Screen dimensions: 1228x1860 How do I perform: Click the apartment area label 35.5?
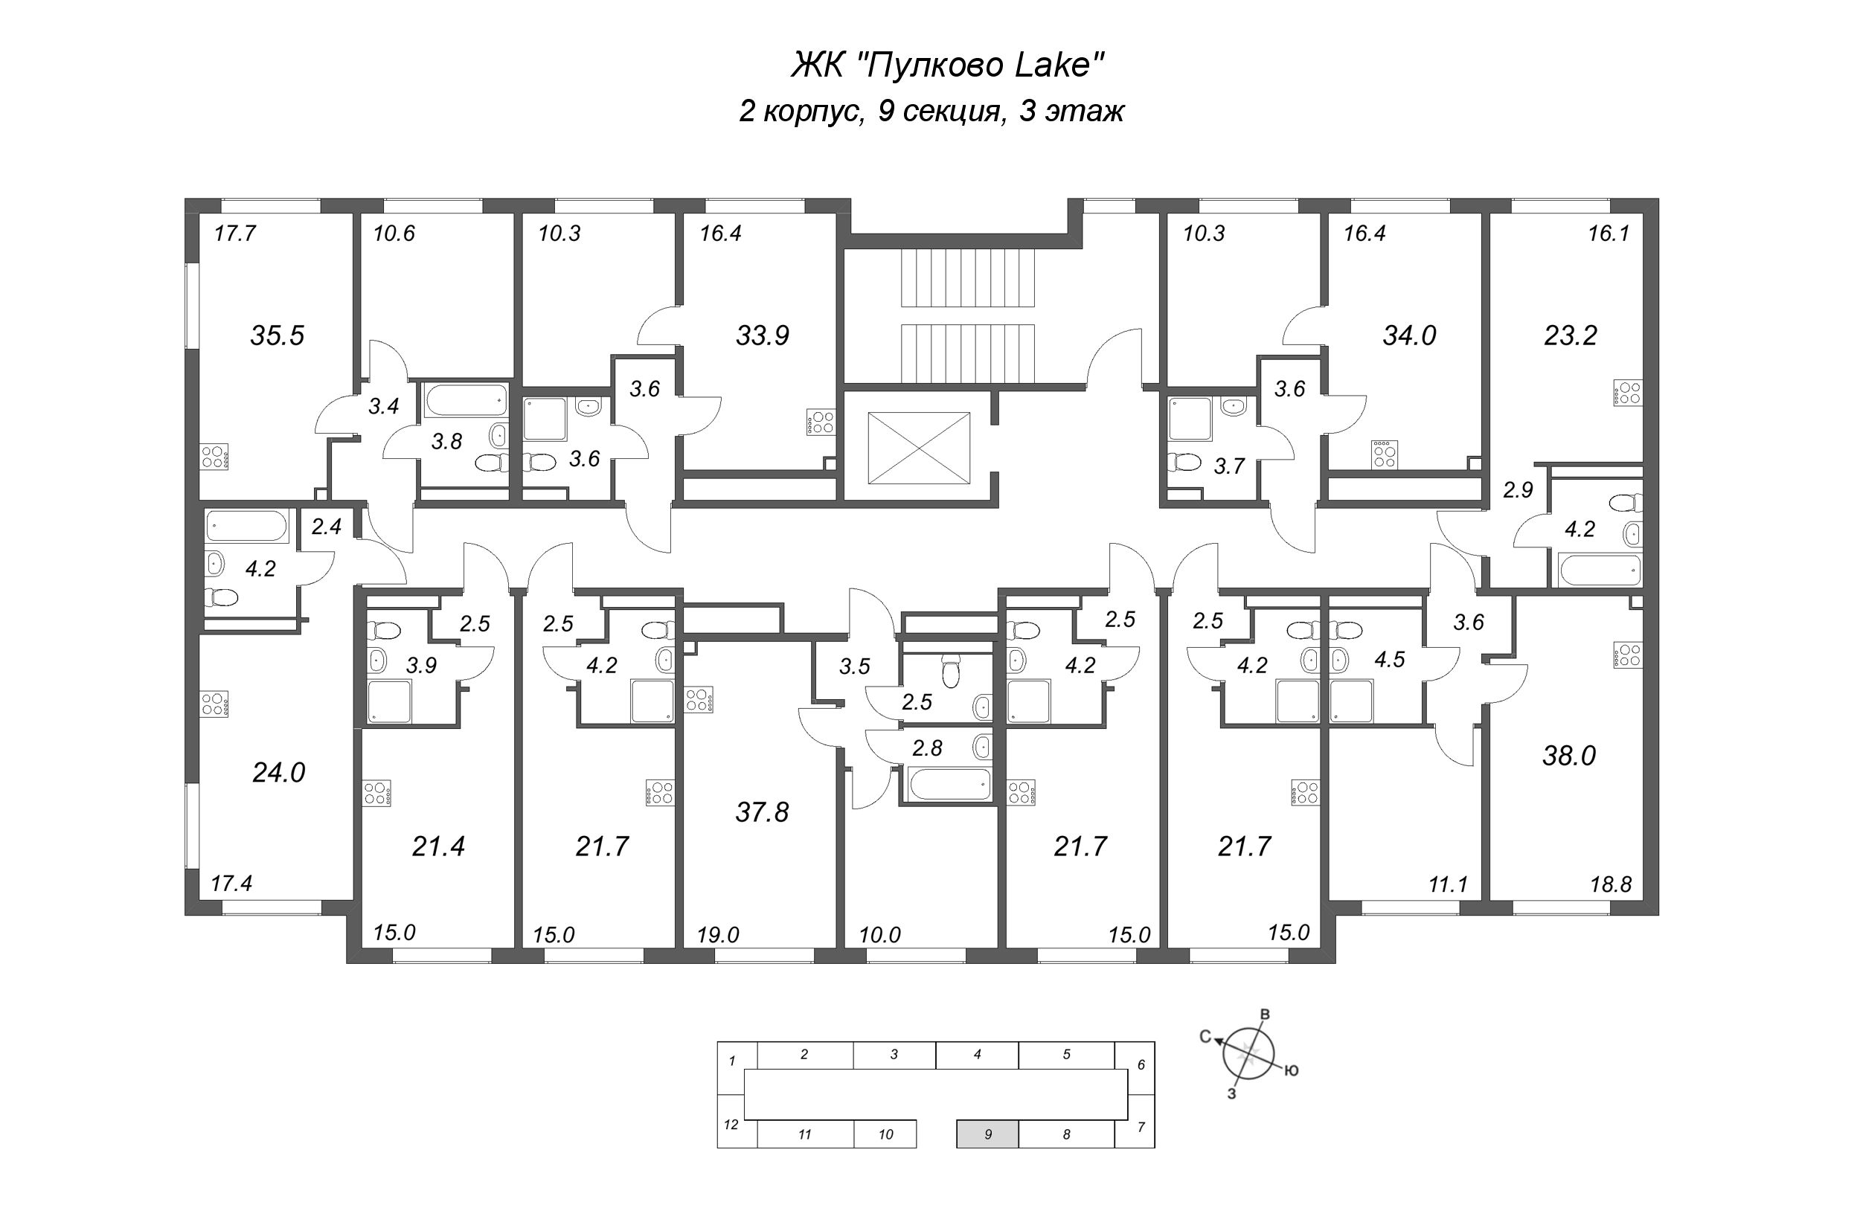(x=277, y=336)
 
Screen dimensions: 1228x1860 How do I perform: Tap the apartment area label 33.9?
(x=762, y=336)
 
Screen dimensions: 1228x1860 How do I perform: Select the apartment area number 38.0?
(x=1568, y=756)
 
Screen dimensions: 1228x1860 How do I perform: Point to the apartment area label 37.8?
(x=762, y=812)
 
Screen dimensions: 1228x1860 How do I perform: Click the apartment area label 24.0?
(x=278, y=773)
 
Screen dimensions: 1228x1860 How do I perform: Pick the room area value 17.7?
(x=235, y=234)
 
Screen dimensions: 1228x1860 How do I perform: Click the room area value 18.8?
(x=1611, y=884)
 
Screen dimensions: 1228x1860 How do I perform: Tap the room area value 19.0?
(x=717, y=934)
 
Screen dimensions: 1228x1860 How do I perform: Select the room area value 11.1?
(x=1447, y=885)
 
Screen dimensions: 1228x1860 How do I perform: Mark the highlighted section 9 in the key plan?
(x=987, y=1134)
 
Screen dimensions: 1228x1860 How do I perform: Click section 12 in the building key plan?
(x=730, y=1125)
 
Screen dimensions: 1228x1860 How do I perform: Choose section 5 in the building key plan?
(x=1066, y=1055)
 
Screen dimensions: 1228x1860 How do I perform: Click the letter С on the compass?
(x=1206, y=1037)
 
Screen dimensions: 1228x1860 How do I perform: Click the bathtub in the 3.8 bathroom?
(x=465, y=400)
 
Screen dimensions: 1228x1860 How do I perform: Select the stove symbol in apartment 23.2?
(x=1626, y=393)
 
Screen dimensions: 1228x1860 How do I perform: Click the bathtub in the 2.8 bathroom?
(x=949, y=784)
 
